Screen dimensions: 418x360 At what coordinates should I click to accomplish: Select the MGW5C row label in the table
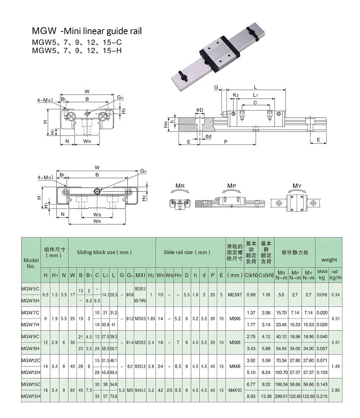(x=31, y=288)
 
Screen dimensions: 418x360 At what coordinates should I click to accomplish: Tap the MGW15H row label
(x=31, y=396)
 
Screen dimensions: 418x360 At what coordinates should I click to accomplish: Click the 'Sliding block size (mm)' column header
(x=104, y=252)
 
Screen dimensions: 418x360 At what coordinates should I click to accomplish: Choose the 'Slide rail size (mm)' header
(x=187, y=252)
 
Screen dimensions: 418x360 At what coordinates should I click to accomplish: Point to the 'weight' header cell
(x=329, y=260)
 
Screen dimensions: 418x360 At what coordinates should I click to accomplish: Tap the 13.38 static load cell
(x=266, y=396)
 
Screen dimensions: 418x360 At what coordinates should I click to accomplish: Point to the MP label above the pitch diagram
(x=232, y=185)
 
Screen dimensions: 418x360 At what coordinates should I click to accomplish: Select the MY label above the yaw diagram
(x=297, y=185)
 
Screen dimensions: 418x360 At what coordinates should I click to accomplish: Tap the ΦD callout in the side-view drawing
(x=200, y=109)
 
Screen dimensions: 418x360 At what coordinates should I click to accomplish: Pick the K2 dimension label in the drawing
(x=236, y=95)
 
